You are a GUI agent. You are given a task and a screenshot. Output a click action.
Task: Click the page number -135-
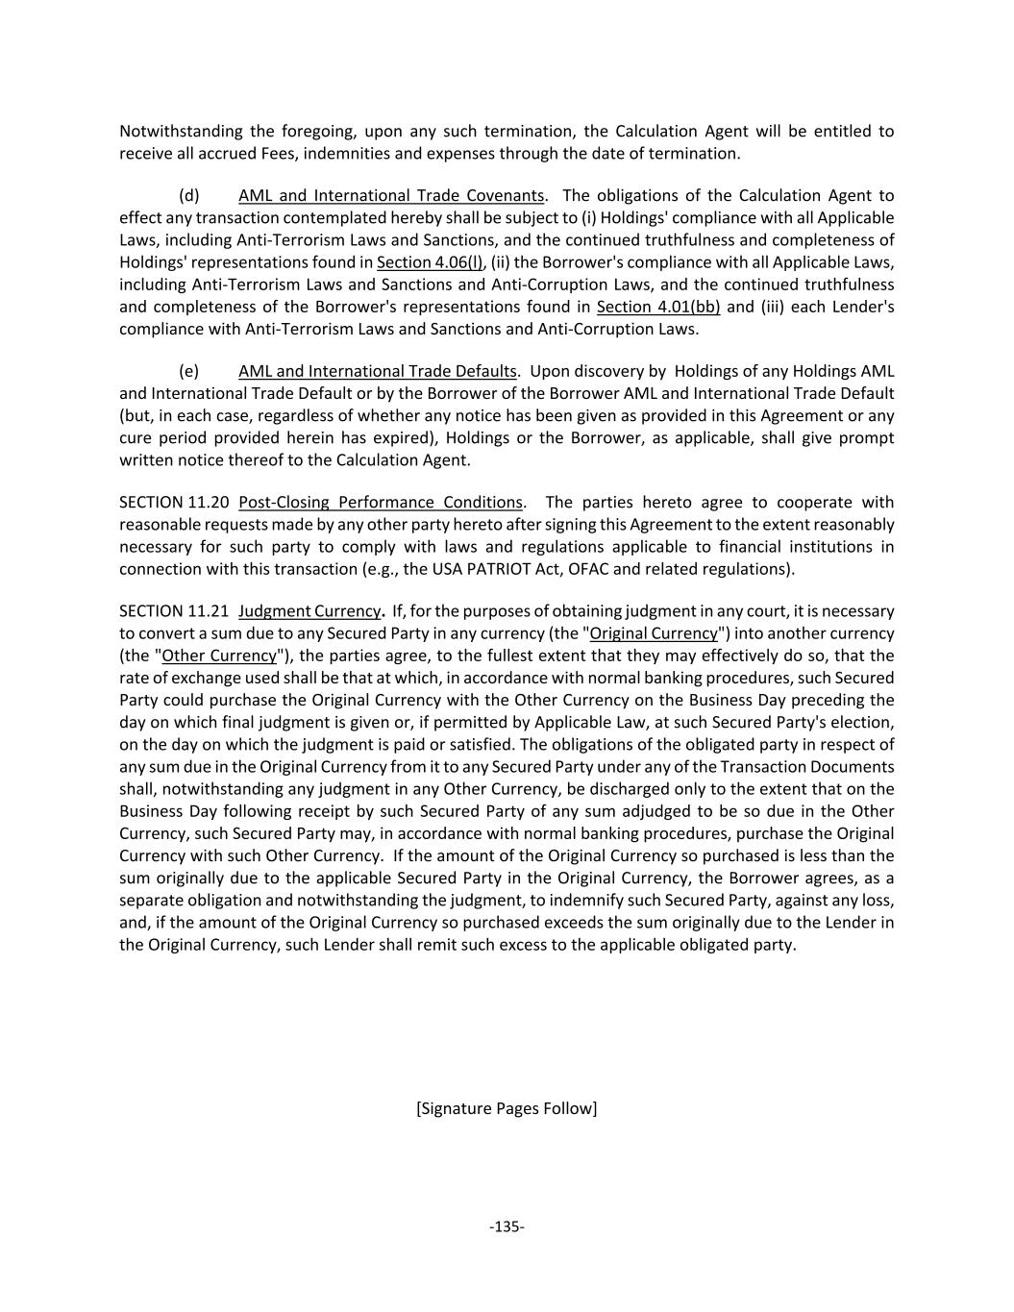[x=507, y=1226]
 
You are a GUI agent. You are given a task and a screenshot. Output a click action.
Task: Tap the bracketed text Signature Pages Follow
[x=507, y=1108]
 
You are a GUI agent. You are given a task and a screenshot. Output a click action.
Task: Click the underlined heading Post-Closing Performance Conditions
[x=380, y=503]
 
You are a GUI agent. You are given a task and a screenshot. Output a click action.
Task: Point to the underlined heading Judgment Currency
[x=309, y=611]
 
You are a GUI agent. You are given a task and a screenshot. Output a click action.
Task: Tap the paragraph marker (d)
[x=188, y=196]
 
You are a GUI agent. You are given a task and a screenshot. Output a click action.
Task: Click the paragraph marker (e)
[x=188, y=371]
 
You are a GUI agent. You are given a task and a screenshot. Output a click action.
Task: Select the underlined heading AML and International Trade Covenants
[x=391, y=196]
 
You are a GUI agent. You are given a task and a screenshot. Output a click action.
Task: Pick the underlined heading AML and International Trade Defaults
[x=378, y=371]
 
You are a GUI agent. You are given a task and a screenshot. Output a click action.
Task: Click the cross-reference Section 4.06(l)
[x=430, y=262]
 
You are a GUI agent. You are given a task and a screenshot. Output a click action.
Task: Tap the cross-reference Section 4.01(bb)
[x=658, y=307]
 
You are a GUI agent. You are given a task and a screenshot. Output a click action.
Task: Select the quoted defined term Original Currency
[x=654, y=633]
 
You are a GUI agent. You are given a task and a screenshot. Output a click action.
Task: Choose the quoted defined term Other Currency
[x=219, y=656]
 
